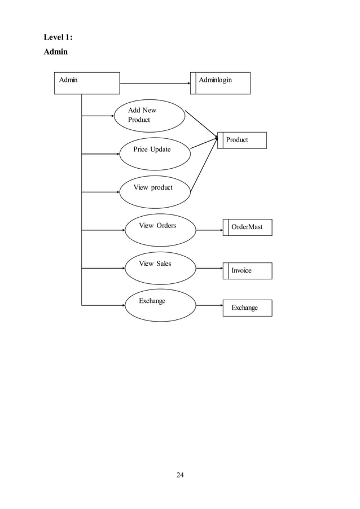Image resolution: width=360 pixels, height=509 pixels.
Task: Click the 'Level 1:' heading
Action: click(59, 38)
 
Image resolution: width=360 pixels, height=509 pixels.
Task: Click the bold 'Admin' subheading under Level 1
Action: click(56, 52)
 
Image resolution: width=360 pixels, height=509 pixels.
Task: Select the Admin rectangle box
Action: click(87, 83)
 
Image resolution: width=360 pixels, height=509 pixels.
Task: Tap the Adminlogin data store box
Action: click(220, 83)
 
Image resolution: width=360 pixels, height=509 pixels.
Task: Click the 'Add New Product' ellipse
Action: click(150, 116)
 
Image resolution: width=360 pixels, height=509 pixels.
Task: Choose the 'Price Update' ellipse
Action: click(154, 153)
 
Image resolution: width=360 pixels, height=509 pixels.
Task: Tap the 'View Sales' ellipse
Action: click(160, 267)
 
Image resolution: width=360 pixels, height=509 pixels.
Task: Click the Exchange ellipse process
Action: click(160, 305)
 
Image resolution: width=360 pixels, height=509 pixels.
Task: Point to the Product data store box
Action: click(242, 140)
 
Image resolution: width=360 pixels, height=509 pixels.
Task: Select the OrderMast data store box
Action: click(247, 227)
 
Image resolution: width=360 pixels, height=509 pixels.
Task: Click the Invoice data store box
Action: click(247, 271)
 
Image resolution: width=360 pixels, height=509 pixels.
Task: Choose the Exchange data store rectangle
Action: click(247, 308)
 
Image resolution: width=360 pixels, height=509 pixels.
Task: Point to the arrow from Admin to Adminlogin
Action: click(155, 84)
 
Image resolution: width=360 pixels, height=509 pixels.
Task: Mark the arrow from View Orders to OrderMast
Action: click(209, 230)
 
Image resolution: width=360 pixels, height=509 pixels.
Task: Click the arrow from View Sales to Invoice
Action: click(209, 267)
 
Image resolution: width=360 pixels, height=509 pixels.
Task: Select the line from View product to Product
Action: click(204, 165)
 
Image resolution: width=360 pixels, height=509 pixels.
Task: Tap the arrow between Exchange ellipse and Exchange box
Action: click(209, 305)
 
